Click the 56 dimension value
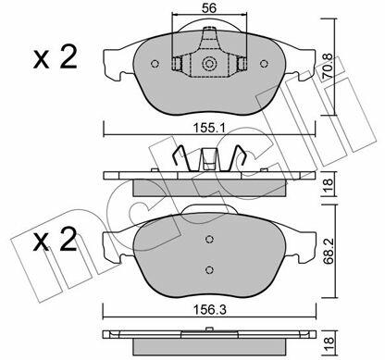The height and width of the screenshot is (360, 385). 209,8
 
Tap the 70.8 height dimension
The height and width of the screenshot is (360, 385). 328,66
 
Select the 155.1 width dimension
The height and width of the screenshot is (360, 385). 209,128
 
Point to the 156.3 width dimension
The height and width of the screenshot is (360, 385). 210,310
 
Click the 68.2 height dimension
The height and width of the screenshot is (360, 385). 328,252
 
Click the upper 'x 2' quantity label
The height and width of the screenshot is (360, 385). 55,57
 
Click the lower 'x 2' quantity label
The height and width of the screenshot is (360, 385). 55,240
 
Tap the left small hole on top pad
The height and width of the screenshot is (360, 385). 155,64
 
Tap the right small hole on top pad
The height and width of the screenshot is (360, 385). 264,64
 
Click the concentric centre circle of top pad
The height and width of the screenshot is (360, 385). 209,64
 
